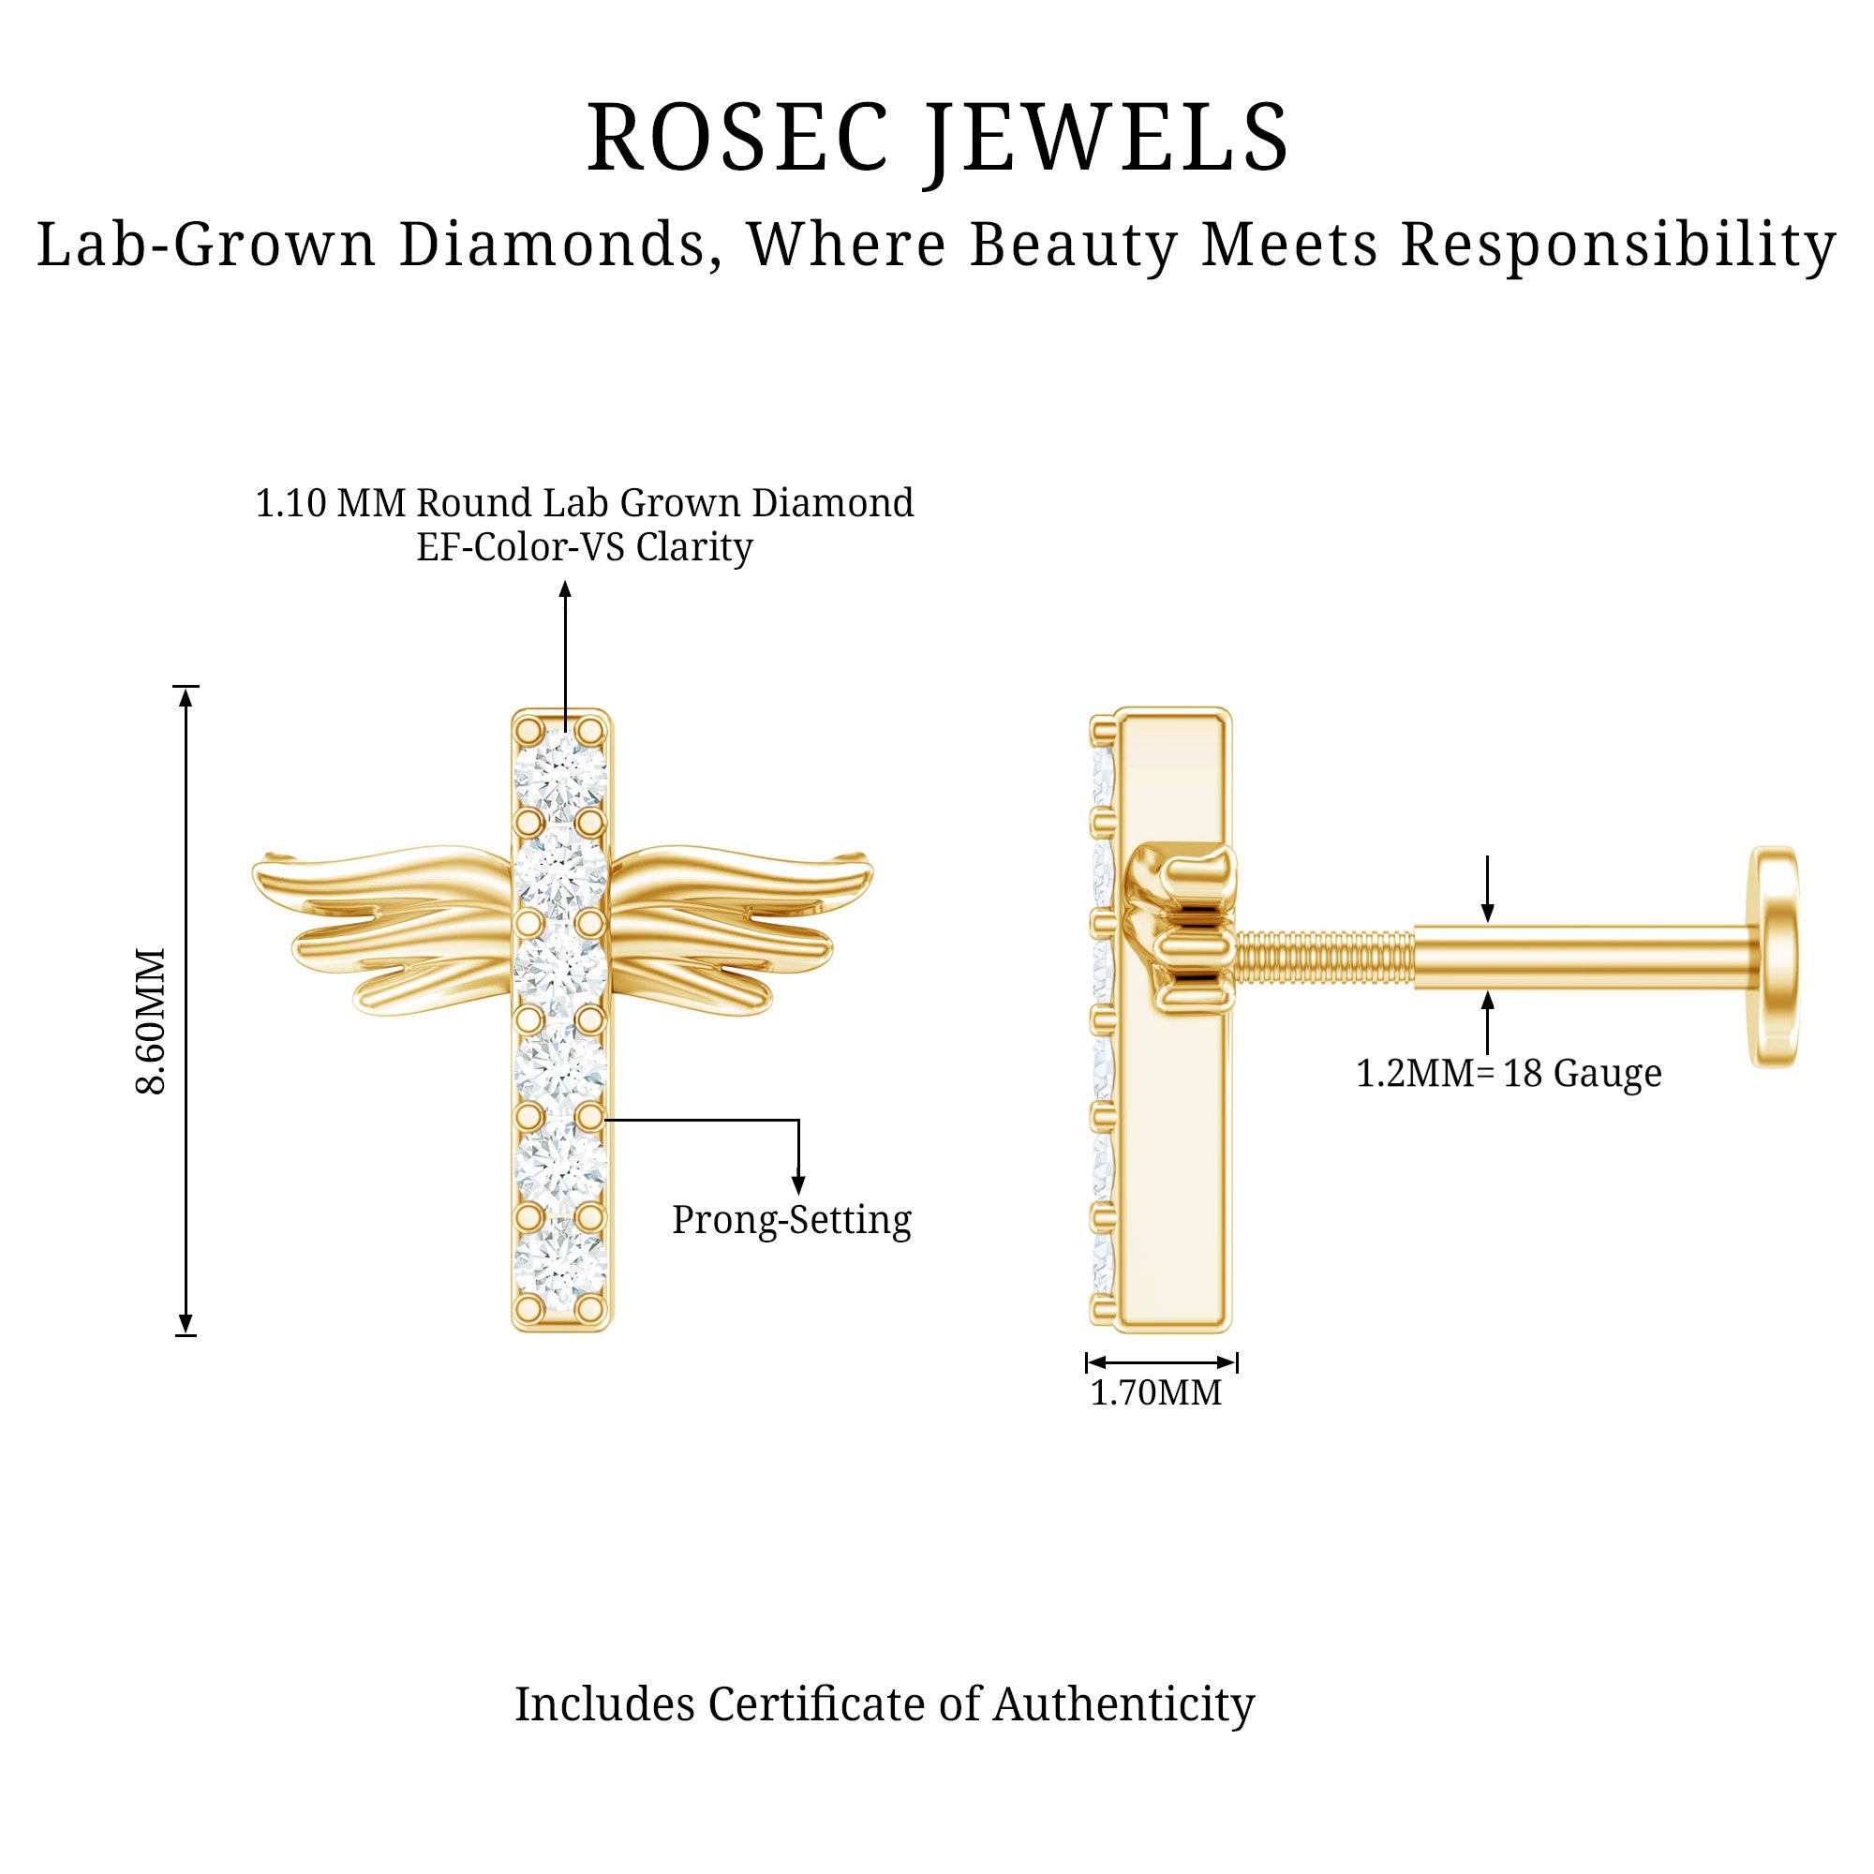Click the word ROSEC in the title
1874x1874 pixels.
(737, 139)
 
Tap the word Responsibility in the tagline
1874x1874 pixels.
(1618, 245)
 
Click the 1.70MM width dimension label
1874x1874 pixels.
(1155, 1394)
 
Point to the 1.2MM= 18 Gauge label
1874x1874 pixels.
(1509, 1074)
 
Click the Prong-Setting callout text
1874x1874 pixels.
(792, 1220)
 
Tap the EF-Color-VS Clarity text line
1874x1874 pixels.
(584, 548)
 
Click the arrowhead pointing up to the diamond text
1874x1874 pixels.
(564, 589)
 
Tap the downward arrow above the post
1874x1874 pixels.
(1487, 911)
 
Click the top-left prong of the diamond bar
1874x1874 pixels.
(528, 727)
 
